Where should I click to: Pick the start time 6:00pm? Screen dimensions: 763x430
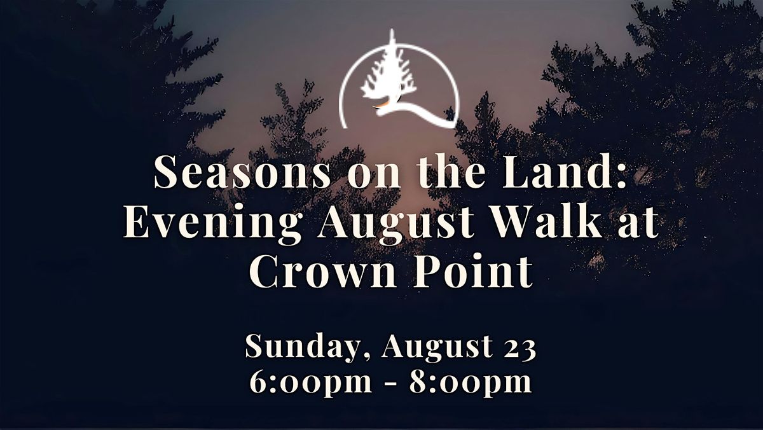(311, 382)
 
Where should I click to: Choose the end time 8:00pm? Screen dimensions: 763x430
(471, 382)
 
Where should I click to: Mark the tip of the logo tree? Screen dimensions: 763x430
(392, 29)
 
